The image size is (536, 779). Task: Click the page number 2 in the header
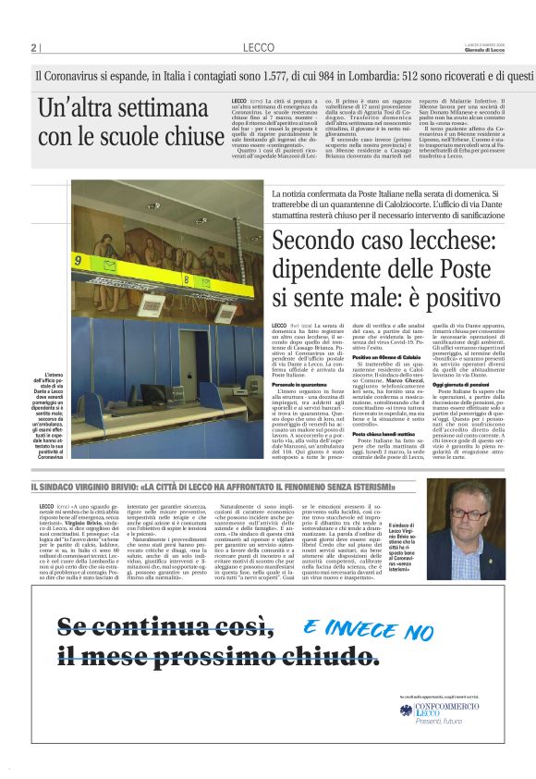pyautogui.click(x=33, y=48)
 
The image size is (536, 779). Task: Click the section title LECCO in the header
pyautogui.click(x=259, y=47)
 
